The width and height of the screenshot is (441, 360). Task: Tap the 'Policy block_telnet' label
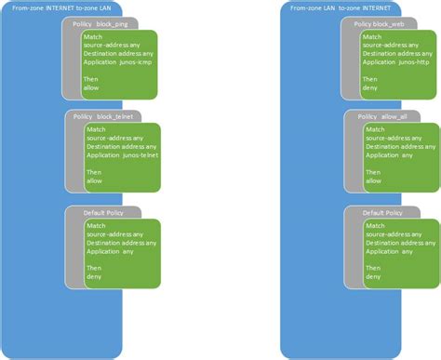pos(103,116)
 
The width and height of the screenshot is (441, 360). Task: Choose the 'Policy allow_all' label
pos(382,116)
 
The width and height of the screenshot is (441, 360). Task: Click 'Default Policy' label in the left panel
pos(105,213)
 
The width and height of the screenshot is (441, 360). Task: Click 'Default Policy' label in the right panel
pos(382,213)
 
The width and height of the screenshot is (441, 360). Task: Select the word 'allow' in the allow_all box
pos(372,180)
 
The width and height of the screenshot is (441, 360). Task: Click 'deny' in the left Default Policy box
pos(94,276)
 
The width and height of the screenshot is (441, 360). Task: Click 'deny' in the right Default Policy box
pos(373,276)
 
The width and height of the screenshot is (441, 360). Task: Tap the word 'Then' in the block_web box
pos(370,78)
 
